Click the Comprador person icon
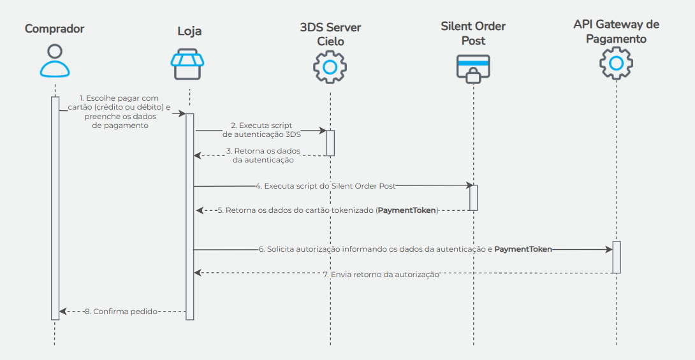coord(55,61)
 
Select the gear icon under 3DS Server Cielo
coord(330,66)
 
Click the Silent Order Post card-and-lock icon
coord(473,68)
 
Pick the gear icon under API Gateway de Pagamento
coord(616,63)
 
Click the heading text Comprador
coord(55,29)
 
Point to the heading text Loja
coord(189,31)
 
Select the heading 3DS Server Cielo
coord(330,34)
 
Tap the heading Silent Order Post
coord(473,33)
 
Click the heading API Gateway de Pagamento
coord(616,32)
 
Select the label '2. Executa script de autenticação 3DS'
coord(261,130)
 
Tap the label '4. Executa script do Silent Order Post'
coord(325,186)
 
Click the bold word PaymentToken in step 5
coord(407,210)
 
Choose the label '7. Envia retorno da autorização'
coord(381,274)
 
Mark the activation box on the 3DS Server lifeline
coord(330,143)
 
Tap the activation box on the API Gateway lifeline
coord(617,257)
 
